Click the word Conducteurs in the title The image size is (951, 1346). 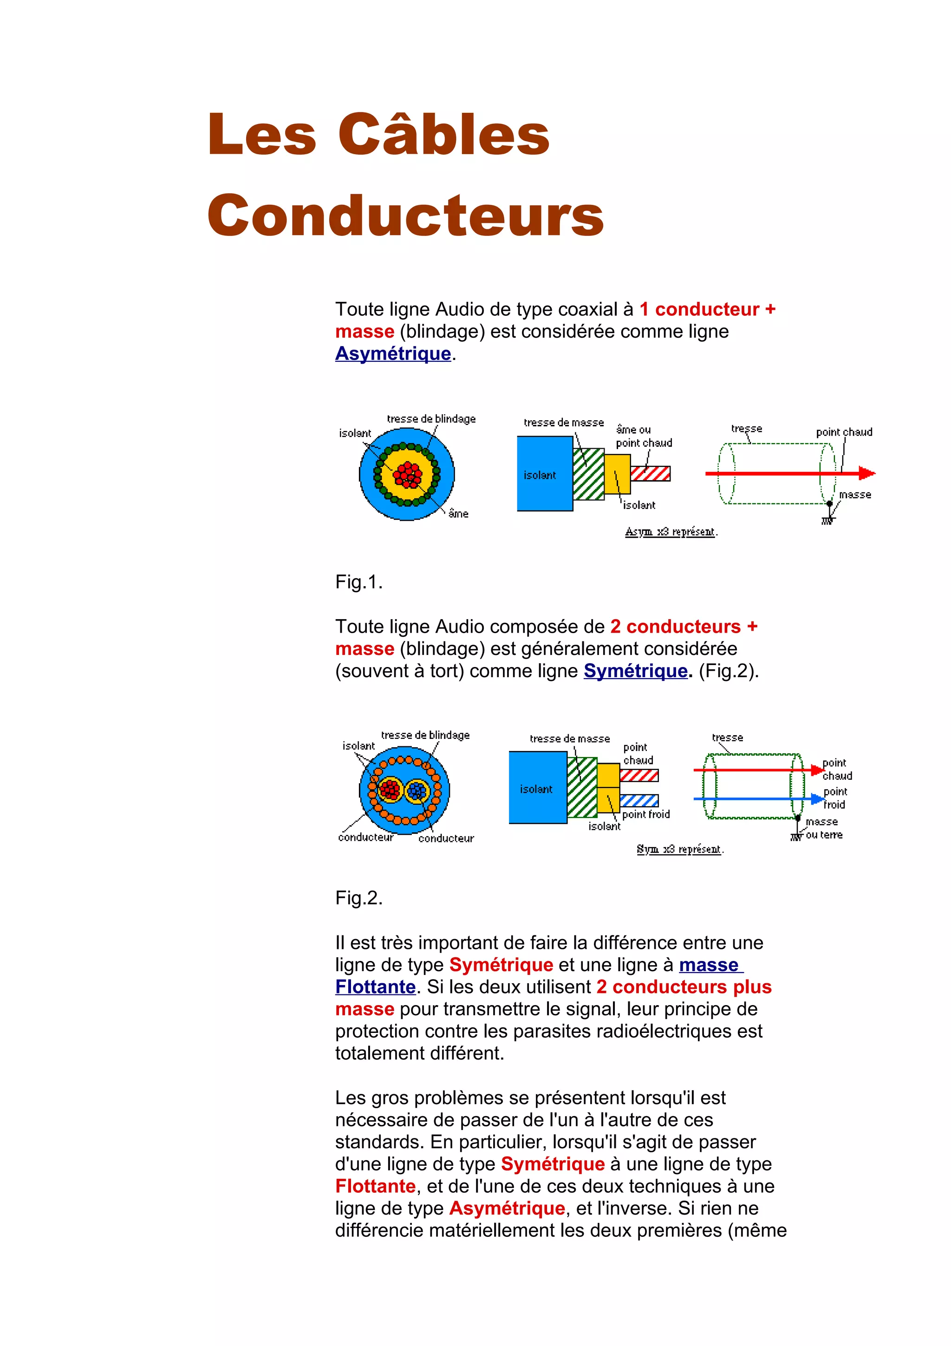coord(405,215)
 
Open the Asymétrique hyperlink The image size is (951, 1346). coord(392,353)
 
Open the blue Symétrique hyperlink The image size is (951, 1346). coord(635,671)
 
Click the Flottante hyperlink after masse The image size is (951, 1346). coord(375,987)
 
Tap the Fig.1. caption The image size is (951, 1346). coord(358,582)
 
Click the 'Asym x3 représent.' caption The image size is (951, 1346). coord(671,532)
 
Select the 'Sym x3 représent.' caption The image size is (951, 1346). coord(680,849)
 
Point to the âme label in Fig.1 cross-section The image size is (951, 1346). coord(458,514)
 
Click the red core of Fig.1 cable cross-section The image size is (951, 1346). coord(407,474)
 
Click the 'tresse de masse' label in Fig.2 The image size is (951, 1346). coord(570,738)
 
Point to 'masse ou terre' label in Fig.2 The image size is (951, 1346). coord(823,828)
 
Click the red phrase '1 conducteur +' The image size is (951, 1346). coord(707,309)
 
